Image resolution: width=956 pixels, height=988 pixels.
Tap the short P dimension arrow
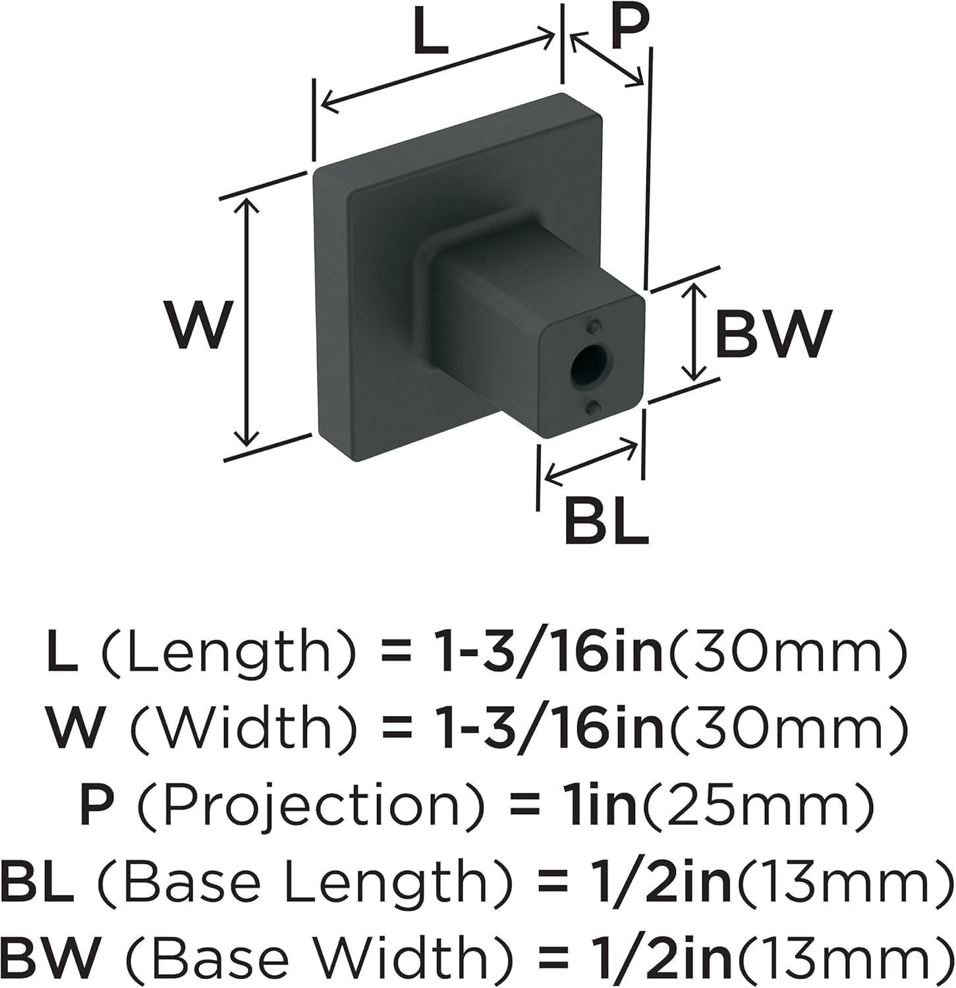click(x=607, y=59)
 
